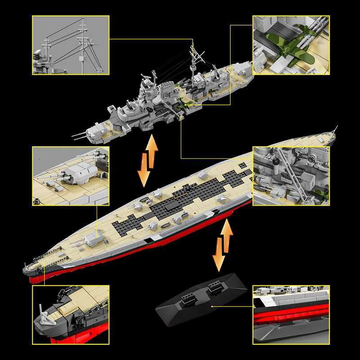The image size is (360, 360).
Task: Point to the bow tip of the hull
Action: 25,270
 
